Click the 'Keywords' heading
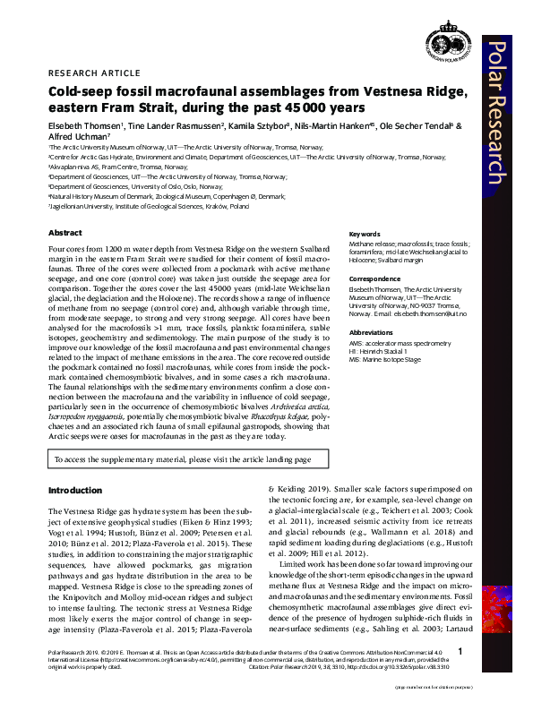365,235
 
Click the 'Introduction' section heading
74,490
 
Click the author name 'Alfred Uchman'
77,137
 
